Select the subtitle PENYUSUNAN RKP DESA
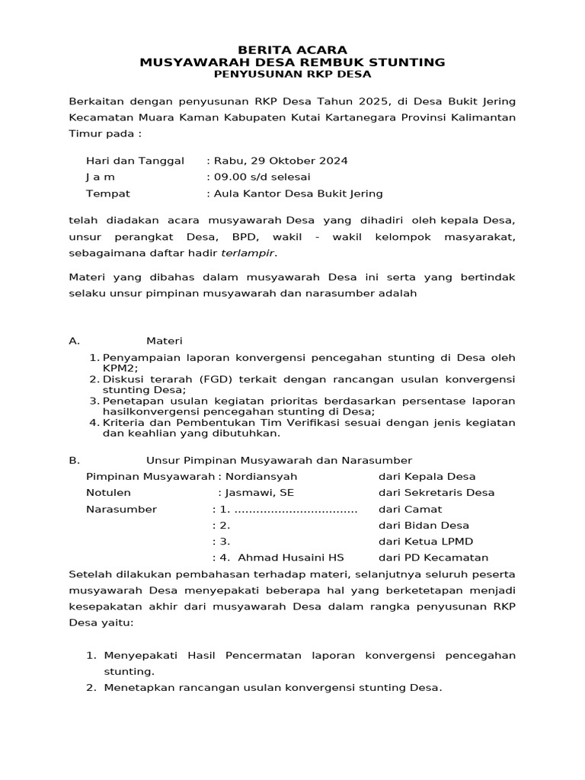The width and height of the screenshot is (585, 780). point(292,75)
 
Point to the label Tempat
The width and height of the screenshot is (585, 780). point(108,193)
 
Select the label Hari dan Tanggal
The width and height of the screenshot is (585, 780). point(136,161)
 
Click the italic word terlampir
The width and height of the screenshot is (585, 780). point(248,252)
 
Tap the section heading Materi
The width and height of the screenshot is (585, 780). point(164,340)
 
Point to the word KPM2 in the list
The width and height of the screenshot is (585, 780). point(120,367)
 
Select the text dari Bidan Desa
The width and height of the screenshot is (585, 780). point(424,525)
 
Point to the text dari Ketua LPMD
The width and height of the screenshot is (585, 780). point(426,542)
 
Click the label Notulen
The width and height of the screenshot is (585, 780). point(108,492)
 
